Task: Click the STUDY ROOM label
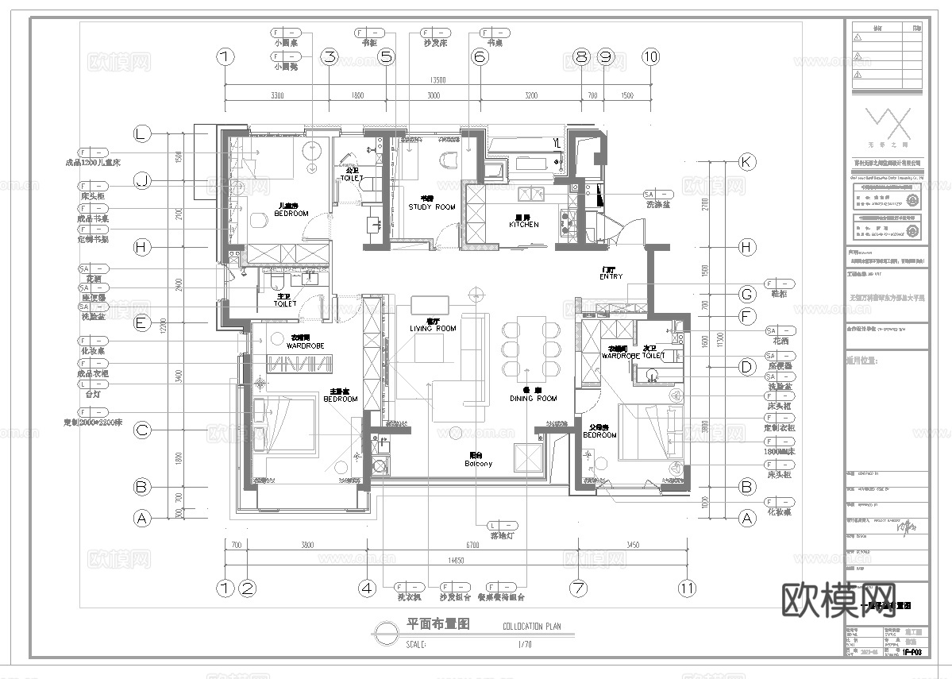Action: [x=432, y=206]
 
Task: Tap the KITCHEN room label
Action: [x=524, y=225]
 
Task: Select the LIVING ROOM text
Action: [x=433, y=328]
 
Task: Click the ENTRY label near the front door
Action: [x=611, y=276]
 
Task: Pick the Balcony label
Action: [x=478, y=463]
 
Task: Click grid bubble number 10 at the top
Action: [x=651, y=56]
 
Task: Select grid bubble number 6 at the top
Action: [x=479, y=56]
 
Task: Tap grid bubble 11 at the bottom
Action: [x=687, y=588]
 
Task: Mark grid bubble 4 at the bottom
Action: [x=366, y=588]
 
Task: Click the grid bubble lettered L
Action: [x=142, y=134]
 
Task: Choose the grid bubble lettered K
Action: [x=746, y=161]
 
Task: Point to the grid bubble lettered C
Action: [x=142, y=431]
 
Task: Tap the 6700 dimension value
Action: [x=472, y=546]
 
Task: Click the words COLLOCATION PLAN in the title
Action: [x=532, y=626]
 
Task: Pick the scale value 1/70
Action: [x=524, y=644]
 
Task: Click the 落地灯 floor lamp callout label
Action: [x=502, y=537]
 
